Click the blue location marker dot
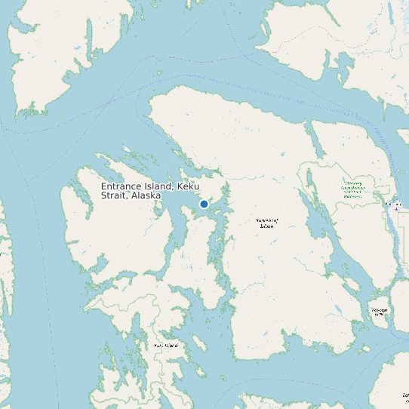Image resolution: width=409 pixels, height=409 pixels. pyautogui.click(x=204, y=204)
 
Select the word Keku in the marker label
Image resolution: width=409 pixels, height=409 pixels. pyautogui.click(x=189, y=186)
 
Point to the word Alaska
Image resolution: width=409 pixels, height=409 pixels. pyautogui.click(x=146, y=195)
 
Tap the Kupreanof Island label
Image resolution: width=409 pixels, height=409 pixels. pyautogui.click(x=267, y=223)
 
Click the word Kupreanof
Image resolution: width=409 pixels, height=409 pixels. pyautogui.click(x=268, y=220)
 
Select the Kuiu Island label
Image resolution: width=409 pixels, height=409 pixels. pyautogui.click(x=166, y=345)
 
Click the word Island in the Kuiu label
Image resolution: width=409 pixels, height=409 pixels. pyautogui.click(x=171, y=345)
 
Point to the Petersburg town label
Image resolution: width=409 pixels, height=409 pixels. pyautogui.click(x=393, y=204)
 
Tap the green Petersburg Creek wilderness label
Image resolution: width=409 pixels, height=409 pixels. pyautogui.click(x=353, y=189)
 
